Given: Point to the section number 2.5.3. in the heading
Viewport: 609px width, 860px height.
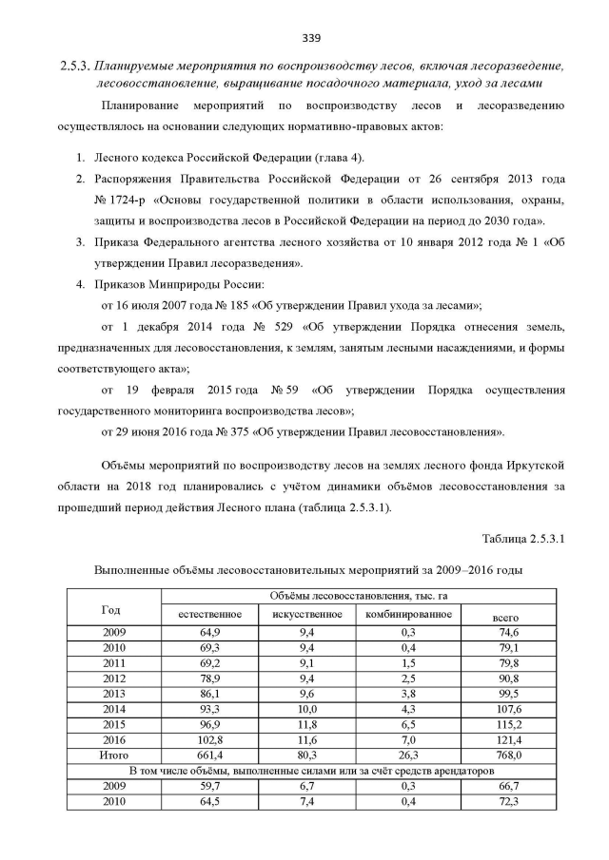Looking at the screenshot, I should click(x=75, y=66).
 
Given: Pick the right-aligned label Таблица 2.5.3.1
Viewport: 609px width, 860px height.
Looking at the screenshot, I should click(x=523, y=539).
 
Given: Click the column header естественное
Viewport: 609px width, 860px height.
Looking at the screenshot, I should click(x=209, y=614).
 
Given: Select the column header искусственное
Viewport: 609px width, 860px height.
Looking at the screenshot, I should click(x=306, y=614).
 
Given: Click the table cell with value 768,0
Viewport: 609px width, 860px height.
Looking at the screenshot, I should click(x=508, y=755).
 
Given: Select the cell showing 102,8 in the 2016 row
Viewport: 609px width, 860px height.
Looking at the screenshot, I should click(x=209, y=739).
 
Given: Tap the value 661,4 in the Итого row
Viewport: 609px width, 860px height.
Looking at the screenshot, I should click(x=209, y=755).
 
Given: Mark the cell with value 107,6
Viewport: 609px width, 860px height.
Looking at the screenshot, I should click(x=508, y=708).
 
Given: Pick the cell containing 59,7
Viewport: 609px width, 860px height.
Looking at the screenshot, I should click(x=209, y=786).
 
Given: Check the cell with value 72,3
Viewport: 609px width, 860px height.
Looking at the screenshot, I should click(x=508, y=802).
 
